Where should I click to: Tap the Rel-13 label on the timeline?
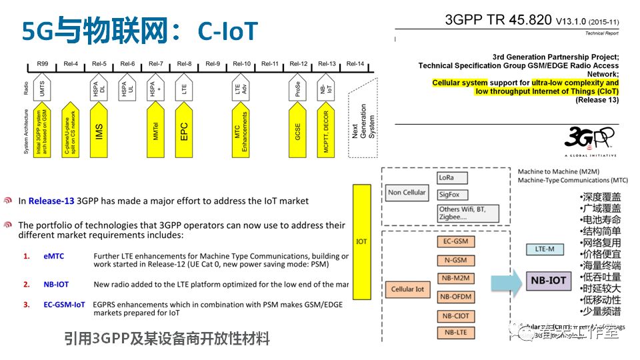tap(327, 64)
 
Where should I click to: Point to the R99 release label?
tap(43, 64)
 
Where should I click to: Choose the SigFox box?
tap(453, 195)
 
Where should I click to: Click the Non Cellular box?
tap(407, 193)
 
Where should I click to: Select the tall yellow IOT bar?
tap(362, 241)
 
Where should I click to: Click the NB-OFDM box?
tap(455, 297)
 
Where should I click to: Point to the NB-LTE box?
tap(455, 332)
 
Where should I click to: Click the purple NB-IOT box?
tap(548, 281)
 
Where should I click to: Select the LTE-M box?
tap(545, 249)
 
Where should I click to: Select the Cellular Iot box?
tap(407, 289)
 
